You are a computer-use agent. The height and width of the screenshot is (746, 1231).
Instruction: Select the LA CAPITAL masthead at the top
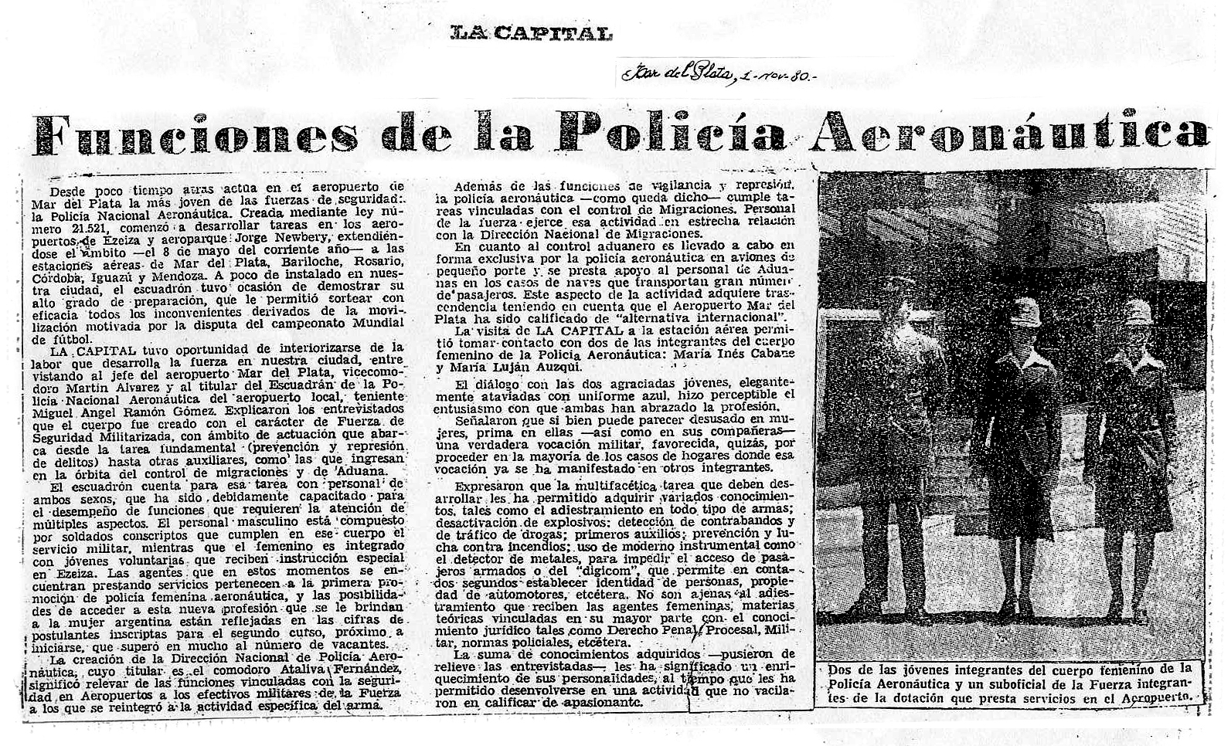[532, 32]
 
